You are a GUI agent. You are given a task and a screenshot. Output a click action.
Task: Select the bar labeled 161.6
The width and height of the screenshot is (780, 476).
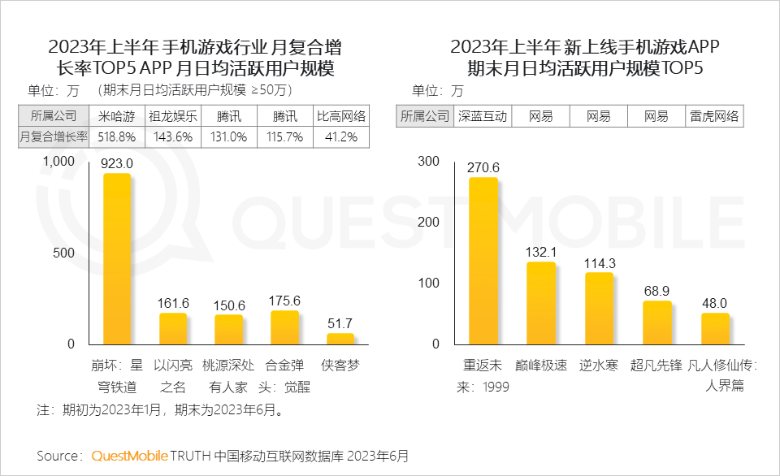[173, 329]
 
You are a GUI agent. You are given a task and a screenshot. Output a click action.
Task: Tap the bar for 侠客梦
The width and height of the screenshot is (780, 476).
[340, 339]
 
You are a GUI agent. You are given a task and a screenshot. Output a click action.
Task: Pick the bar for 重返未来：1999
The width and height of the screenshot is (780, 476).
[483, 261]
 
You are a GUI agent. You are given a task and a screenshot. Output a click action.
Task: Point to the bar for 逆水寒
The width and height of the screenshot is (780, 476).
[600, 308]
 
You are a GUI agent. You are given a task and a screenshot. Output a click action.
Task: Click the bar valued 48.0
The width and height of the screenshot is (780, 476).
[715, 328]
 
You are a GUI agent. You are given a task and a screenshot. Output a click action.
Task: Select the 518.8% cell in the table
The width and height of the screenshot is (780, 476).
[117, 137]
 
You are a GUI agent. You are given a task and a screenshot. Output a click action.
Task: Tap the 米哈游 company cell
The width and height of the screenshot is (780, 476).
[117, 115]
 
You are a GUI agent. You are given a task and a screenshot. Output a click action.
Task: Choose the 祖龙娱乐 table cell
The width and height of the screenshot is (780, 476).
[173, 115]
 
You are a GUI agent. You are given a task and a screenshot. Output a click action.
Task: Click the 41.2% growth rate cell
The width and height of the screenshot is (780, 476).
[341, 137]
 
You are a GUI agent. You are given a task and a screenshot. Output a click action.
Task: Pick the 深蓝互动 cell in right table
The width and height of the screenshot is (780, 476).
[483, 116]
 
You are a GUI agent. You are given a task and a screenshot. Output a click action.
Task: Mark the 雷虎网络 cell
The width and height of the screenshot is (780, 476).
[715, 116]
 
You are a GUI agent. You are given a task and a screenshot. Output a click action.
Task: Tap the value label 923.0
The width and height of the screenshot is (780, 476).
[117, 163]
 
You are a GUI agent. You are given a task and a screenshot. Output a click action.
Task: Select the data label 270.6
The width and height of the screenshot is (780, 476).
[483, 167]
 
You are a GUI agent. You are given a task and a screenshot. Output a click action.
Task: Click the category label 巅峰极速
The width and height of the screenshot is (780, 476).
[540, 366]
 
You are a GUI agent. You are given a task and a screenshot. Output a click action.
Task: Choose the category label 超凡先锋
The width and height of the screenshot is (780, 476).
[656, 366]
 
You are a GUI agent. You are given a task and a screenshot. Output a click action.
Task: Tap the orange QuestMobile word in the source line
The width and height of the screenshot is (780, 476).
[130, 455]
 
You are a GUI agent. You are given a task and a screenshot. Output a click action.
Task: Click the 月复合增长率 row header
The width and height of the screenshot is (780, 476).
[50, 137]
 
